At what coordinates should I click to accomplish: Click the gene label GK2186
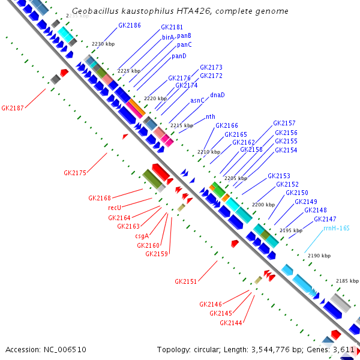(130, 25)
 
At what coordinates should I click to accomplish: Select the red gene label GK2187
(13, 109)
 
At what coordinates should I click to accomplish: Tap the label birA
(168, 37)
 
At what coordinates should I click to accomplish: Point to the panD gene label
(179, 56)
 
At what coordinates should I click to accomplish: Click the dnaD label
(217, 95)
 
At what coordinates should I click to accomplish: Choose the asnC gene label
(197, 101)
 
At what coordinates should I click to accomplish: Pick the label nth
(211, 117)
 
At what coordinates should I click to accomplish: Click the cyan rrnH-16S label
(336, 229)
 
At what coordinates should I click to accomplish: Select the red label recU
(115, 208)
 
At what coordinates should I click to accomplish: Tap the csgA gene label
(142, 236)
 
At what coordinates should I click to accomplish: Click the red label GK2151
(186, 281)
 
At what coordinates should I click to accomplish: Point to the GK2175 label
(75, 173)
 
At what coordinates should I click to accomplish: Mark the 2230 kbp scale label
(103, 44)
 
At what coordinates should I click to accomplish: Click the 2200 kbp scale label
(263, 205)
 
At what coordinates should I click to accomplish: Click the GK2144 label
(231, 323)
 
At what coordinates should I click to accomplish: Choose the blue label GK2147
(325, 220)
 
